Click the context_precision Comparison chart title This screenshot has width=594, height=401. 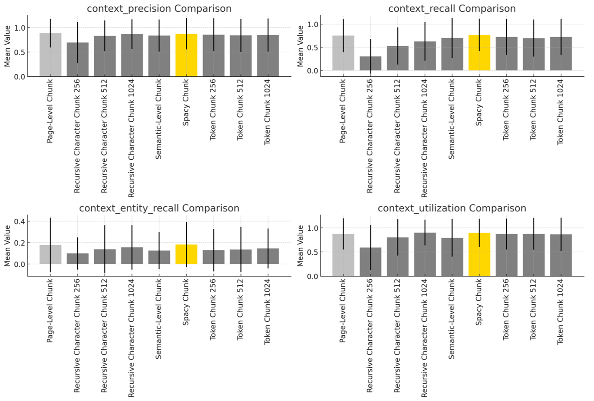coord(159,9)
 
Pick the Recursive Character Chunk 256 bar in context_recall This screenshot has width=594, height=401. coord(370,63)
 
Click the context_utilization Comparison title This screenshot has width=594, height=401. coord(452,208)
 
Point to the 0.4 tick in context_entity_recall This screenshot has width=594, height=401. coord(20,221)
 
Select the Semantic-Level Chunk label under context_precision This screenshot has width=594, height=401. coord(159,119)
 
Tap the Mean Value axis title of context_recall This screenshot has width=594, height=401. coord(300,46)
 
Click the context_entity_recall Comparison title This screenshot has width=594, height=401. coord(159,208)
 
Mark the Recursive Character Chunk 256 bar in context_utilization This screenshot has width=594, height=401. coord(370,262)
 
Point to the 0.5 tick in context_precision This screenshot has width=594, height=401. coord(20,52)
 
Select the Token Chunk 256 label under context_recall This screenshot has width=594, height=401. coord(506,110)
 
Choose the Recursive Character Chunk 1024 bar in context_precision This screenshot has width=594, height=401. coord(132,55)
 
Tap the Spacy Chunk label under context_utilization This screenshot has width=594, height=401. coord(479,302)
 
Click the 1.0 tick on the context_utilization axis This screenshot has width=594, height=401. coord(313,228)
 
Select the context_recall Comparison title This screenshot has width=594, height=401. coord(452,9)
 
